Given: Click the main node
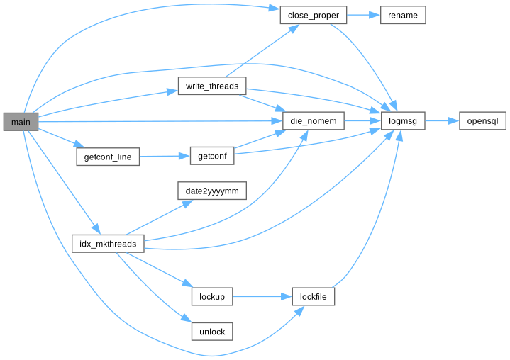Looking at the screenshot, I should click(x=21, y=121).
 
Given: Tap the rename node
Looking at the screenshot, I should click(x=403, y=15).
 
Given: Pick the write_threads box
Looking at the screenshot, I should click(x=211, y=86).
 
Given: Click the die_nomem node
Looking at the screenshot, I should click(x=313, y=121).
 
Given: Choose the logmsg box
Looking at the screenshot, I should click(x=403, y=121).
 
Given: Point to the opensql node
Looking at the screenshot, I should click(x=482, y=121).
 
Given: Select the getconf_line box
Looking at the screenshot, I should click(x=107, y=157).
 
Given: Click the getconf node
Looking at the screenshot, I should click(x=211, y=157).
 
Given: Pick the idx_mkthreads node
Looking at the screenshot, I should click(x=109, y=244).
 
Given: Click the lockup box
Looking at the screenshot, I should click(x=211, y=296).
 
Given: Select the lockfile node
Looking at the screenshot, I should click(x=313, y=296).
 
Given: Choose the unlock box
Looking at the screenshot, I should click(x=211, y=331).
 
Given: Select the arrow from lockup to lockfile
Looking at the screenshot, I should click(x=262, y=296).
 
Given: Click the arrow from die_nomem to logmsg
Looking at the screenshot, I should click(x=362, y=121).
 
